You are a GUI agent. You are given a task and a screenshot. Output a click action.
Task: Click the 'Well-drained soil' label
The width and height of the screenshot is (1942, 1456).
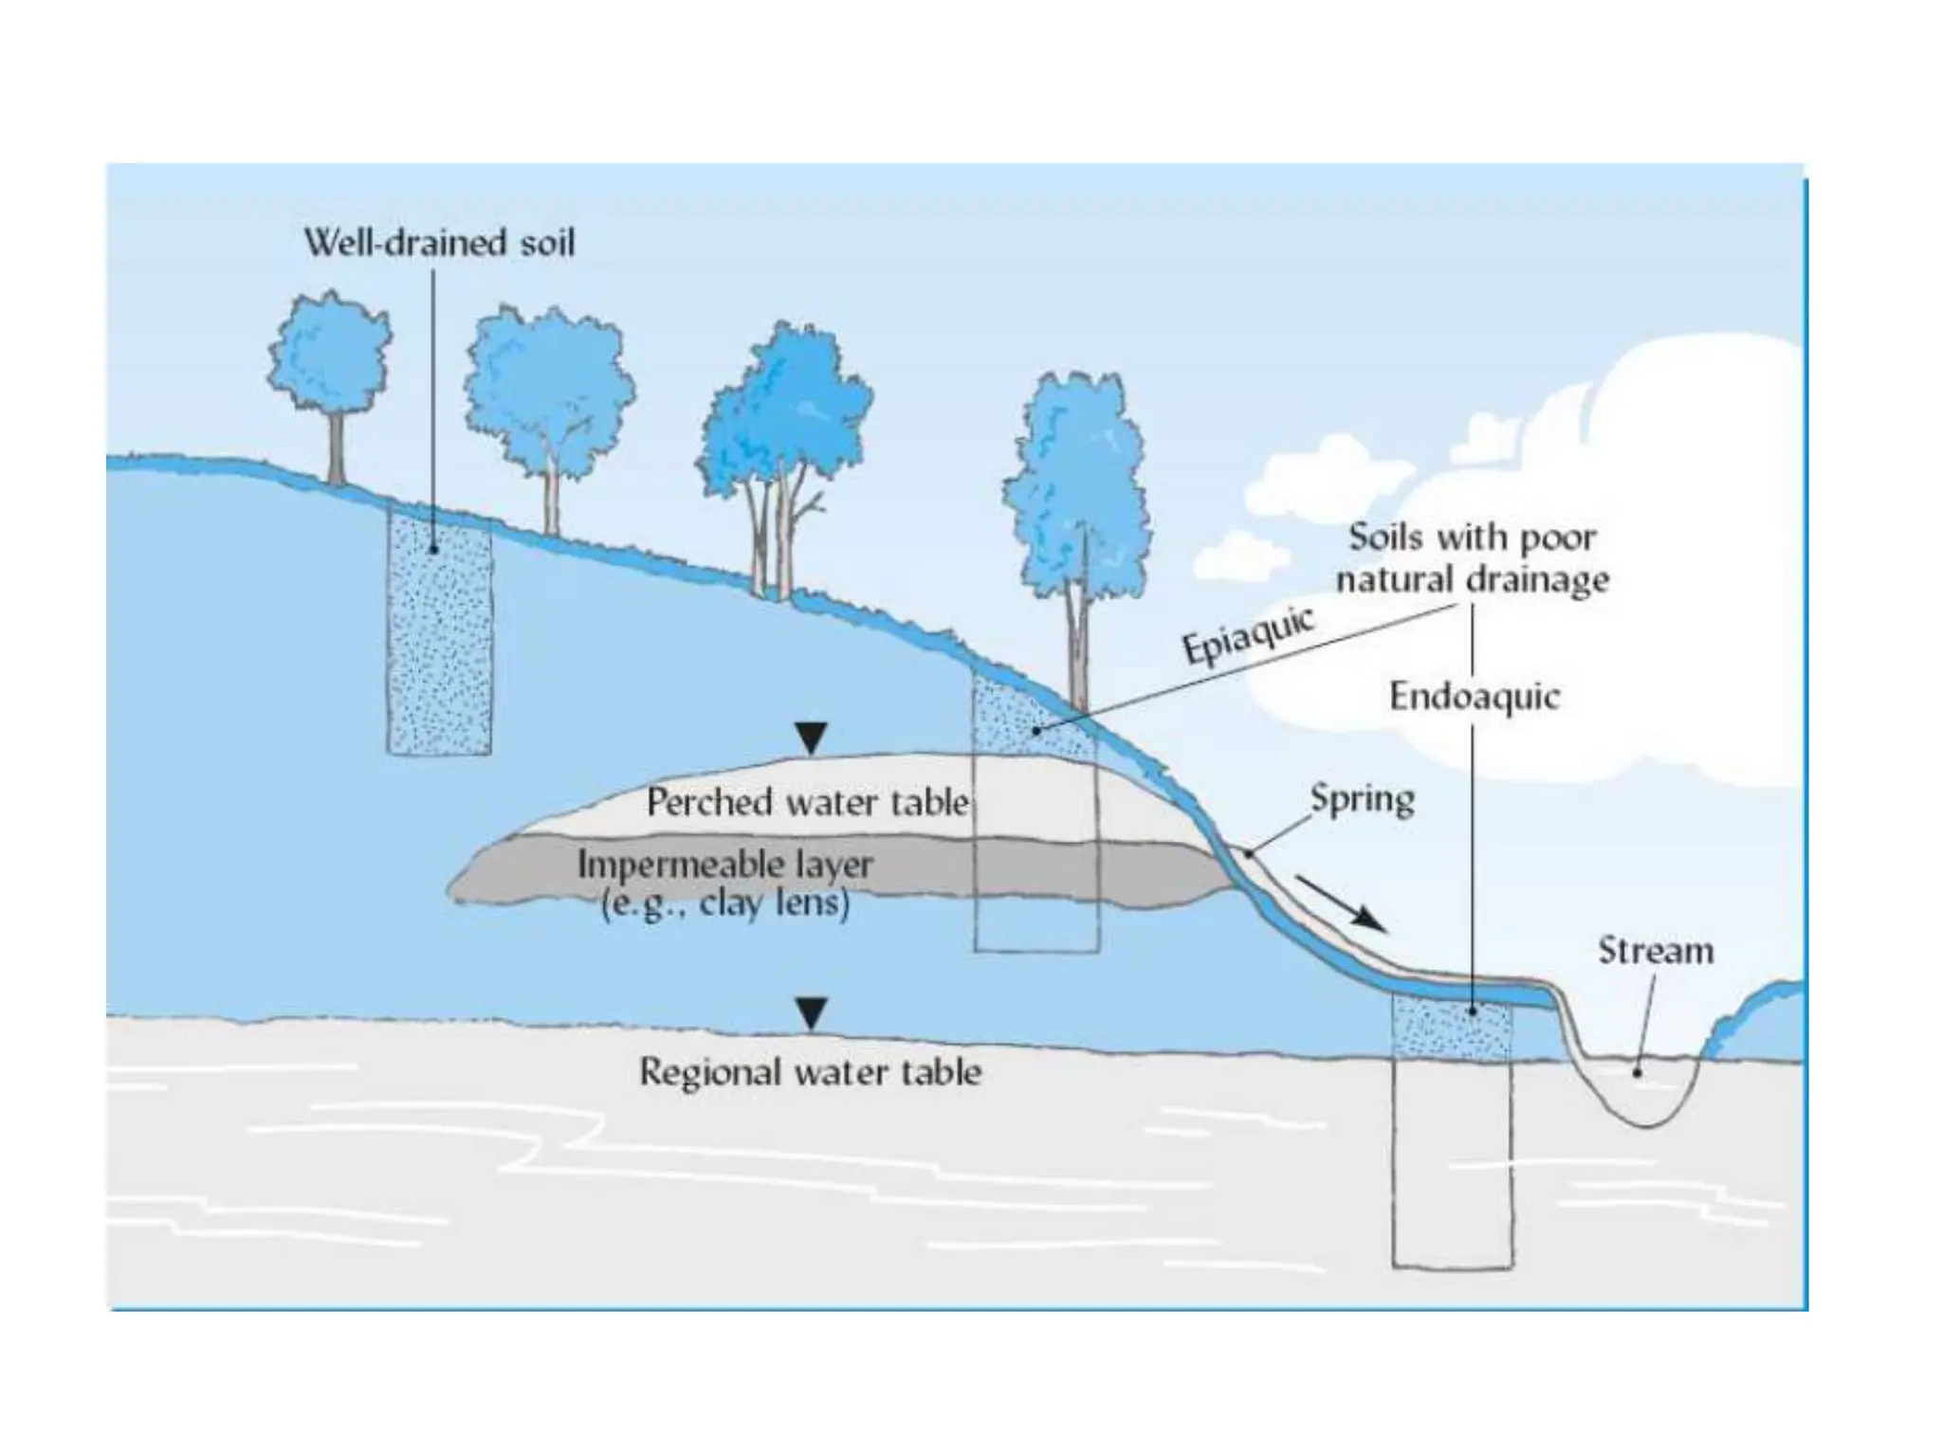(439, 244)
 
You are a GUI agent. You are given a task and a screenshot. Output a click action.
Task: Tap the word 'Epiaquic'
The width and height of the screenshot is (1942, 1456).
(1248, 635)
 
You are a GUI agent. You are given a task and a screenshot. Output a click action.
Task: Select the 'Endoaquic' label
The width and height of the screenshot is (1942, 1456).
(1474, 697)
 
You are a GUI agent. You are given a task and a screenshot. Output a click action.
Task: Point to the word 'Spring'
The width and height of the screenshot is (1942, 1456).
(1362, 799)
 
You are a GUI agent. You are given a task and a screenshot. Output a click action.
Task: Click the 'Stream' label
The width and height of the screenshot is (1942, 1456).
(1656, 951)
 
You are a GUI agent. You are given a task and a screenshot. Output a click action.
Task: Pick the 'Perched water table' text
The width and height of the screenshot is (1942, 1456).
(808, 803)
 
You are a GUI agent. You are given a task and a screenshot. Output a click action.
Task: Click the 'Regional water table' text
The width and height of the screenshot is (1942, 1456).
(811, 1072)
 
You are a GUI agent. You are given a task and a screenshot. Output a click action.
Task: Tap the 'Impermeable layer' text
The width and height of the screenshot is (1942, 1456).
(725, 864)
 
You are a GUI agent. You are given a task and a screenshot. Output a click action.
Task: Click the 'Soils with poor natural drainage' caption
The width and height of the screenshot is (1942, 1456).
(1473, 558)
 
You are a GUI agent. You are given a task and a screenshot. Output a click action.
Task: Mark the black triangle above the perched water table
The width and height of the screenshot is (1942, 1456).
(811, 737)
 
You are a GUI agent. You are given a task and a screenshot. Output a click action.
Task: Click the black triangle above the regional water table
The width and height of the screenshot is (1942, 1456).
(810, 1013)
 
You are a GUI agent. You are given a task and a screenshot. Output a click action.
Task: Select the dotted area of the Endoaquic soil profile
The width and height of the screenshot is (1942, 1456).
(1451, 1027)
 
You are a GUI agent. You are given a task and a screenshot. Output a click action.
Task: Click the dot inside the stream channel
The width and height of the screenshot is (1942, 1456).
(1637, 1073)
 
